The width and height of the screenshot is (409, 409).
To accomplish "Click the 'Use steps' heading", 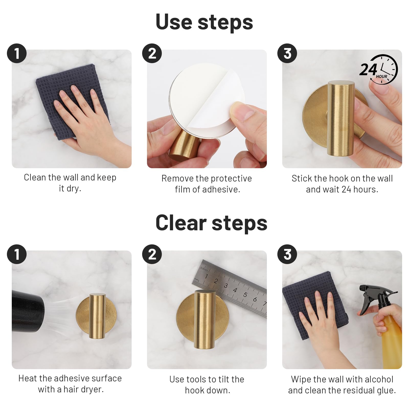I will (204, 22).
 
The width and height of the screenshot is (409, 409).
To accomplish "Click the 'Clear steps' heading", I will (211, 223).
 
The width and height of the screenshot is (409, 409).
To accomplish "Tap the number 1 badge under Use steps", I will (17, 53).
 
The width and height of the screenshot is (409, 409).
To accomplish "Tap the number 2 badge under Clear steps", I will (152, 254).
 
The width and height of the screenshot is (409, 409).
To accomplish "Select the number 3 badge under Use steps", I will (287, 53).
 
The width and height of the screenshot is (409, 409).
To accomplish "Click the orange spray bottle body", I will (391, 343).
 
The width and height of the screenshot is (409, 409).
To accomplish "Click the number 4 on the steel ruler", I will (235, 290).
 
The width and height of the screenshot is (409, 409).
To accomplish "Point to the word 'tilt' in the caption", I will (222, 379).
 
